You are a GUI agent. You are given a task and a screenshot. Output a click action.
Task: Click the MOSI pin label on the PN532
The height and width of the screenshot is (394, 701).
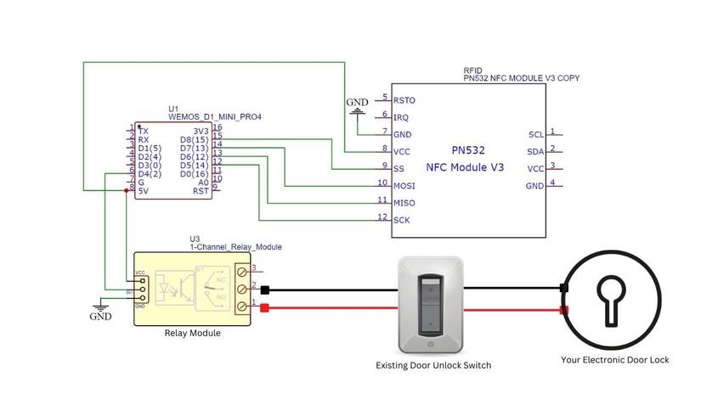click(x=404, y=184)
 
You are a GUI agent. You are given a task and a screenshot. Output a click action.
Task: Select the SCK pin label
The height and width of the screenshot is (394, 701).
click(x=402, y=220)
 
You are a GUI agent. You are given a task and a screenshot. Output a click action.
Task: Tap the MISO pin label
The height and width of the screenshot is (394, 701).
click(x=404, y=202)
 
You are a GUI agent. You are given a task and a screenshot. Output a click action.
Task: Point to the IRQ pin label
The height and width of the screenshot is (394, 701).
click(x=401, y=117)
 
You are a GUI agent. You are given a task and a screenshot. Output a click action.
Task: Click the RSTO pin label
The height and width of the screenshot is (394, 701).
click(x=404, y=100)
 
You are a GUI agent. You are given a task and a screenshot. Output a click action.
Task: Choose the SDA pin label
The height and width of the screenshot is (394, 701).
click(x=535, y=151)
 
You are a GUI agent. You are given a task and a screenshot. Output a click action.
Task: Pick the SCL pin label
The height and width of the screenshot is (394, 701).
click(x=535, y=134)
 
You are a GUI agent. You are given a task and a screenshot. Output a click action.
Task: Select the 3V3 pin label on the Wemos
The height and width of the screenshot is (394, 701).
click(x=201, y=130)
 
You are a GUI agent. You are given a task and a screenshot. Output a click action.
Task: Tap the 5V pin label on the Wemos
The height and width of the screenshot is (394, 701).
click(x=144, y=191)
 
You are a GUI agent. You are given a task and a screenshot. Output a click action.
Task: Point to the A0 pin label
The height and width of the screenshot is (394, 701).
click(x=203, y=182)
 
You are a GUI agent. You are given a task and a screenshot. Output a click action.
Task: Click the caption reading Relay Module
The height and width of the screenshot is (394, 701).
click(x=192, y=333)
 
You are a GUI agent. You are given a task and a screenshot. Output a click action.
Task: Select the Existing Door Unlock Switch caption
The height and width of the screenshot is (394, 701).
click(x=433, y=365)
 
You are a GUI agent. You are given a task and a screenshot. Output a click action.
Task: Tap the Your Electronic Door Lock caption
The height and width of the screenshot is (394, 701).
click(x=614, y=360)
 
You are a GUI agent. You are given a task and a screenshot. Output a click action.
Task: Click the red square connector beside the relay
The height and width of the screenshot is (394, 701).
click(x=265, y=307)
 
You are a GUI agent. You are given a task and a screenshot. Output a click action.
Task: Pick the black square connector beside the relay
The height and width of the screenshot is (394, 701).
click(x=265, y=290)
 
